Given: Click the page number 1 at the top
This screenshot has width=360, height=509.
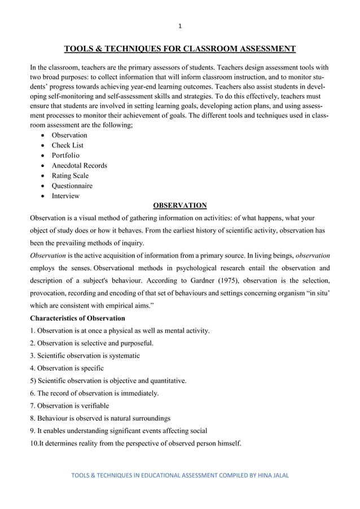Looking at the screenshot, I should tap(179, 25).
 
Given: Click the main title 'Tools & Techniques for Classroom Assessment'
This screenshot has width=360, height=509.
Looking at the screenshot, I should tap(179, 49).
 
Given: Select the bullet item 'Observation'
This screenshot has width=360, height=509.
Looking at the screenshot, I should tap(69, 135).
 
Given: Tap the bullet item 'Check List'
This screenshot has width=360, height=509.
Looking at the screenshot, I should tap(68, 146).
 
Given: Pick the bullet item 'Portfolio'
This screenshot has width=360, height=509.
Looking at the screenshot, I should tap(66, 156).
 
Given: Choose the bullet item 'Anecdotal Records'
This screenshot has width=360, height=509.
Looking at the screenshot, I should tap(79, 166).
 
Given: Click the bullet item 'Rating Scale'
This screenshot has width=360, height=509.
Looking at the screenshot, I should tap(70, 176).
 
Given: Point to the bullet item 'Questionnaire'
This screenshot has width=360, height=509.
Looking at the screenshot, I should tap(72, 186).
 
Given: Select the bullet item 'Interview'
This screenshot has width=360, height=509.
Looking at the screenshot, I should tap(65, 196).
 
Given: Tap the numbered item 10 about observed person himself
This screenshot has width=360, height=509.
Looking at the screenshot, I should tap(135, 444).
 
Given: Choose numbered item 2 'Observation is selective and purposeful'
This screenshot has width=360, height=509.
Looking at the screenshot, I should tap(91, 343).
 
